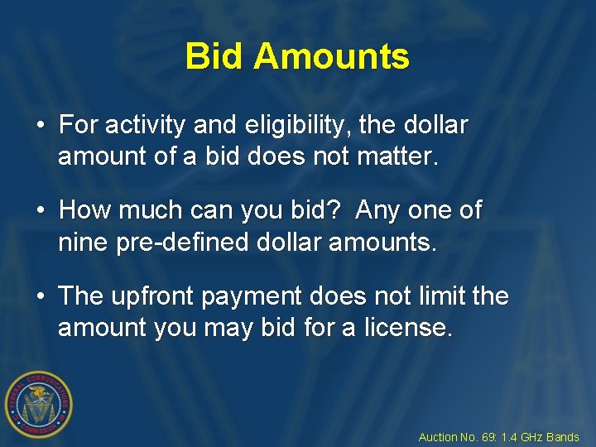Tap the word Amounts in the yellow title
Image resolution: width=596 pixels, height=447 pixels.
[x=331, y=57]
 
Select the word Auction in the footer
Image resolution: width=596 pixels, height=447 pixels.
[x=438, y=437]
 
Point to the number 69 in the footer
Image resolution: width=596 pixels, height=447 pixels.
[x=488, y=437]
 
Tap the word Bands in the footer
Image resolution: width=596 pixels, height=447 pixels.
[x=563, y=437]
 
